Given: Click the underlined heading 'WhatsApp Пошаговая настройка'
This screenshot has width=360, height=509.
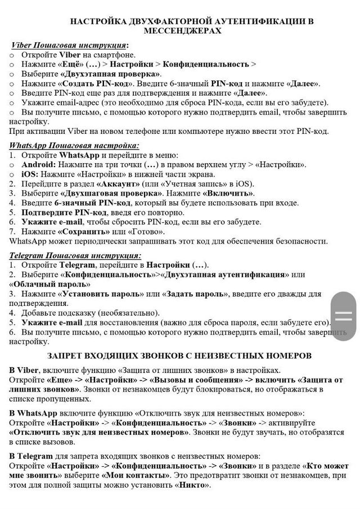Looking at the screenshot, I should [x=74, y=145].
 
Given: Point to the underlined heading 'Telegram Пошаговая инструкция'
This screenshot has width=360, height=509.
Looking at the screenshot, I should [x=75, y=255].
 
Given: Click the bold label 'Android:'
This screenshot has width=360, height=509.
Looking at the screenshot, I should [x=39, y=164].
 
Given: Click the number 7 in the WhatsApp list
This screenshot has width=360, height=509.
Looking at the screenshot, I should [x=13, y=231].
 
